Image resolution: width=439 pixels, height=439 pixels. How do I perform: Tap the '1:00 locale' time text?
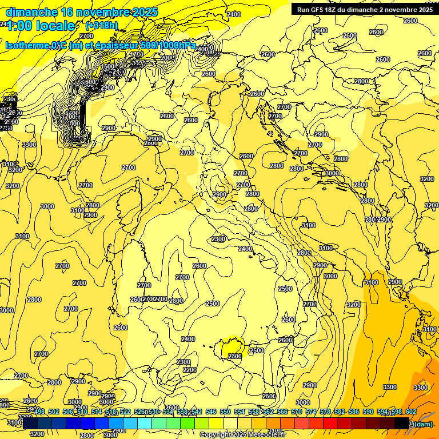[41, 26]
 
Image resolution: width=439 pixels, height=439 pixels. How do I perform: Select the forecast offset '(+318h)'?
[101, 25]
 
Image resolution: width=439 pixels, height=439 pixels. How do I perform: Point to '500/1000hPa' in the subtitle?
[166, 46]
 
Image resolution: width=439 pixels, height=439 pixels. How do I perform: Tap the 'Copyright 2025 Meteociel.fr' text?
[242, 435]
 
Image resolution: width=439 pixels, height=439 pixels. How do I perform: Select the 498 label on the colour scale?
[39, 412]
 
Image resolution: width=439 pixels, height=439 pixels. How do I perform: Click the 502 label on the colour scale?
[54, 412]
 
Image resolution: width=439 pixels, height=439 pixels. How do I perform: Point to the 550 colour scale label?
[225, 412]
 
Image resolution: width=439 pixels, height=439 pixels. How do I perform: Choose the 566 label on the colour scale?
[282, 412]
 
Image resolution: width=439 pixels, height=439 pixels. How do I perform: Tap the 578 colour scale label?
[325, 412]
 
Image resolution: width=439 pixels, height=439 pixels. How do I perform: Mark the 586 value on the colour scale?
[353, 412]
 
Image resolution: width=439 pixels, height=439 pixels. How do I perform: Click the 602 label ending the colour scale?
[410, 412]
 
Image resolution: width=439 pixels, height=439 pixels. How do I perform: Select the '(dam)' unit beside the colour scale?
[422, 424]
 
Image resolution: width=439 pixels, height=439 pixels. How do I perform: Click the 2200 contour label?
[190, 370]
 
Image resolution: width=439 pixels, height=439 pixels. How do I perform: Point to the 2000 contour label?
[166, 58]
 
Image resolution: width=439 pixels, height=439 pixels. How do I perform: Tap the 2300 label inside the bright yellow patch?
[235, 356]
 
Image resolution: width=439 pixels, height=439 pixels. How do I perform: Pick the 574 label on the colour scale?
[311, 412]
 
